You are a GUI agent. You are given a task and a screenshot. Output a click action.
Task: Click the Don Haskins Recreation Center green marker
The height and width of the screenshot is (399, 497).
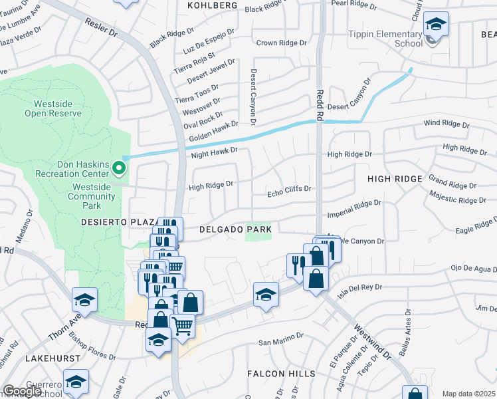[119, 168]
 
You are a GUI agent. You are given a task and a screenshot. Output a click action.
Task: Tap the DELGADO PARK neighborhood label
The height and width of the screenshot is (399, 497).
[236, 229]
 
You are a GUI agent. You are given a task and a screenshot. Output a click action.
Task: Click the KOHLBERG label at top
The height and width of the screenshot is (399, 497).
[212, 5]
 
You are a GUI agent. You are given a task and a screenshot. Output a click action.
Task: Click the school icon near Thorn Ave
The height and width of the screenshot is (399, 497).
[85, 300]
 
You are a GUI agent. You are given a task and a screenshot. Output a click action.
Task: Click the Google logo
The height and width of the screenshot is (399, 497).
[22, 392]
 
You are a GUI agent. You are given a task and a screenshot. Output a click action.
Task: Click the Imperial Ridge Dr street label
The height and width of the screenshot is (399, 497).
[355, 207]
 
